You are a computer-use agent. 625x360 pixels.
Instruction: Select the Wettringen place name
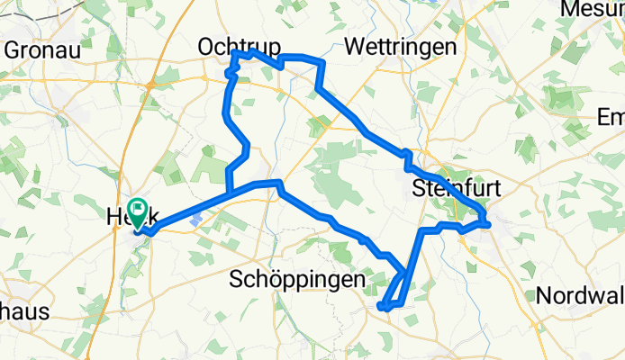pyautogui.click(x=391, y=45)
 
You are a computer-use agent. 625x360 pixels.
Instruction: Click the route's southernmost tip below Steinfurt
pyautogui.click(x=385, y=308)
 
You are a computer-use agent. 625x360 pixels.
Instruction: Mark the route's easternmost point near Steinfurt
pyautogui.click(x=488, y=218)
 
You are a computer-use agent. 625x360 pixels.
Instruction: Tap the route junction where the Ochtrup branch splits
pyautogui.click(x=231, y=192)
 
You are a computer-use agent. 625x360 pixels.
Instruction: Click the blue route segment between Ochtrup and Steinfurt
pyautogui.click(x=360, y=126)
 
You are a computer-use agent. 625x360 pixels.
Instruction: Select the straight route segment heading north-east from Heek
pyautogui.click(x=189, y=206)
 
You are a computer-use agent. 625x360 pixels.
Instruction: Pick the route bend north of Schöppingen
pyautogui.click(x=280, y=184)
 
